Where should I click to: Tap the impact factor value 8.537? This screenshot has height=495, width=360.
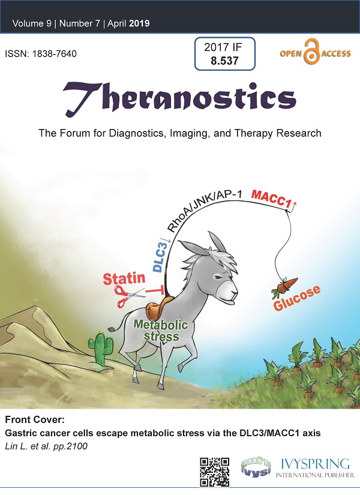point(224,60)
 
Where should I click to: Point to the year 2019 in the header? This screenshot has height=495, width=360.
point(139,23)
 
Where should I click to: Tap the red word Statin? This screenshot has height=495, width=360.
point(124,278)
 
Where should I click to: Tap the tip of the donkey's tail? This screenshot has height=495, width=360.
point(110,329)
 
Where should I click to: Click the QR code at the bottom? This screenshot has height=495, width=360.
point(214,472)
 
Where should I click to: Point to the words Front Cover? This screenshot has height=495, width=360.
point(35,419)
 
